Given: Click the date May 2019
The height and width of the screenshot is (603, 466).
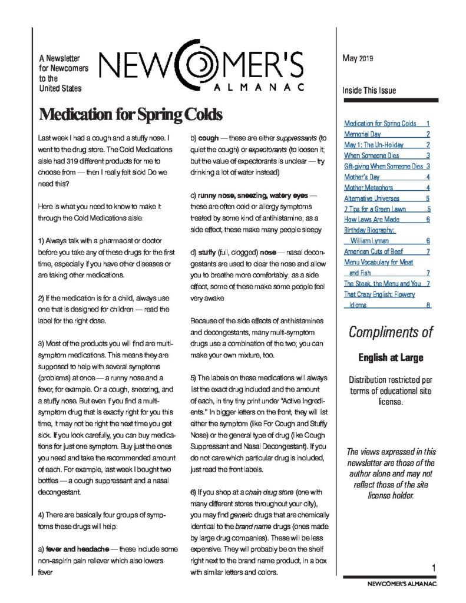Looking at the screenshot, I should (358, 58).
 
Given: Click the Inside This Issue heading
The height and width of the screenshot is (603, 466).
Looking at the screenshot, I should (369, 91).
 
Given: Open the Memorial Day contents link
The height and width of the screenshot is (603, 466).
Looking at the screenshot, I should (362, 134).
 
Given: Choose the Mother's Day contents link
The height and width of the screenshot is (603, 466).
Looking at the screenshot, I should (362, 177).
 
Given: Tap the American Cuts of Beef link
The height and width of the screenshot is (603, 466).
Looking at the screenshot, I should (374, 251).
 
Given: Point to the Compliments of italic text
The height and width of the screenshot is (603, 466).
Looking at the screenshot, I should (391, 332).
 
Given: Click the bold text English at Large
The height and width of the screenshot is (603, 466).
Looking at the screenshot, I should (391, 357).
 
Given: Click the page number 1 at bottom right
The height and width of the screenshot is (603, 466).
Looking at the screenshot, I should (432, 567).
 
